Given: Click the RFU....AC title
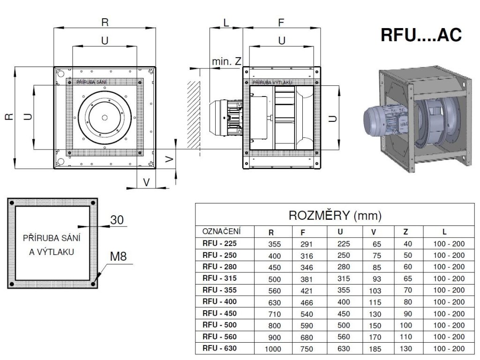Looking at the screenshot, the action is [421, 35].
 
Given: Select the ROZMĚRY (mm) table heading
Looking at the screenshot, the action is [335, 216].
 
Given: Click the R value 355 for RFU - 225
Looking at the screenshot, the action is [274, 244].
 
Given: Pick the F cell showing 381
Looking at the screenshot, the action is [307, 279].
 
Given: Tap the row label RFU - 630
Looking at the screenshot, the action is [219, 348].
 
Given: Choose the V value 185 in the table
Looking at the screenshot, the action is [375, 349].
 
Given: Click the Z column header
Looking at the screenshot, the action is [405, 232].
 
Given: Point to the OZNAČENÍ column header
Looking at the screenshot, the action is [221, 231].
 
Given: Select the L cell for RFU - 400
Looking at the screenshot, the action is [449, 302].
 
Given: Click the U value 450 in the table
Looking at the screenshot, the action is [344, 314].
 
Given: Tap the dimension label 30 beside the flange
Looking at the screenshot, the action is [117, 220].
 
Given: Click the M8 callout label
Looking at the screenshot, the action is [118, 256].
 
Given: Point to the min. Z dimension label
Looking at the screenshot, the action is [226, 61].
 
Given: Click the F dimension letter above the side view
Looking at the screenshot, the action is [281, 22].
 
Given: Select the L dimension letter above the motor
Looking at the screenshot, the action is [226, 22].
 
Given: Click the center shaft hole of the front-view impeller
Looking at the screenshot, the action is [105, 118].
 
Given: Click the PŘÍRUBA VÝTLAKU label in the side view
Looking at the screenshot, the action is [272, 82].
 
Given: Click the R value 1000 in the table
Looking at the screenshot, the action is [273, 349].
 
